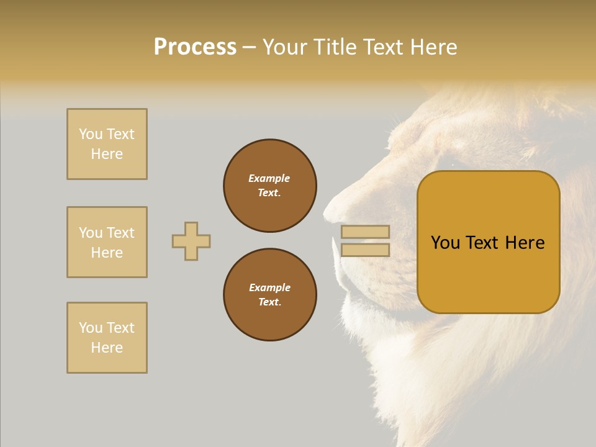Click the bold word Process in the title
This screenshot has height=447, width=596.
click(195, 47)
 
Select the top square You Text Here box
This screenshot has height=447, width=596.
click(107, 144)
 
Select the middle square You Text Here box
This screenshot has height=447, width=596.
click(107, 242)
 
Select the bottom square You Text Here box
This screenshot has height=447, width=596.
click(107, 338)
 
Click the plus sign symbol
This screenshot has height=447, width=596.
click(191, 241)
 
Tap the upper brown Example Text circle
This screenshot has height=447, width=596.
click(270, 186)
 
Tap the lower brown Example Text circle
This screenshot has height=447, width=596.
click(270, 295)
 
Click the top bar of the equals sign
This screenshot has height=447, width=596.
click(365, 232)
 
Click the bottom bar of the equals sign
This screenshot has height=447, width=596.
click(365, 250)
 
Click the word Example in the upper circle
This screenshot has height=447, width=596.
click(269, 178)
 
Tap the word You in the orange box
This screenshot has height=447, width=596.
click(446, 243)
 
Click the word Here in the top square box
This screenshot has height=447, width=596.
click(107, 154)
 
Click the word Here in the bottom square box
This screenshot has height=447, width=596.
click(107, 348)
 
